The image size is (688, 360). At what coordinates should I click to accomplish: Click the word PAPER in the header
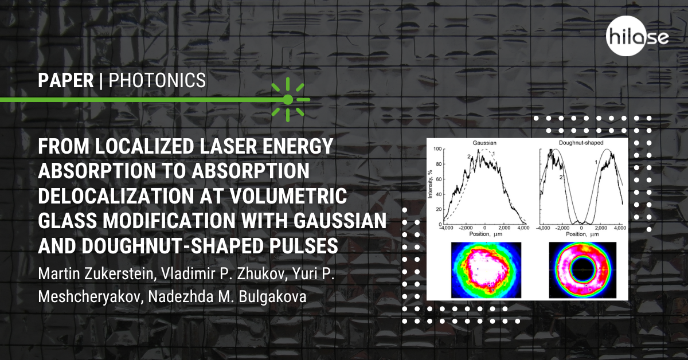tap(66, 80)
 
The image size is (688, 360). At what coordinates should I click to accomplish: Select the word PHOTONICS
tap(157, 80)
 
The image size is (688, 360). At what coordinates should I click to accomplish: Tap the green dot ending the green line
tap(288, 100)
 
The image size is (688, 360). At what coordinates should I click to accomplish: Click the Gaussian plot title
tap(484, 143)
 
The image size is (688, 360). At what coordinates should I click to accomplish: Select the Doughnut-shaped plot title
tap(581, 143)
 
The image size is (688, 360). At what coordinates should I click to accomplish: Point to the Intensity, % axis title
tap(430, 184)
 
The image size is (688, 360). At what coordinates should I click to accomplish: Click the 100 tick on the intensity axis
tap(437, 149)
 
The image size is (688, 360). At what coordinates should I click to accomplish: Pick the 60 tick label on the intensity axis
tap(439, 179)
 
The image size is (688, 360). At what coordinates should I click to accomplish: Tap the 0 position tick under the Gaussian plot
tap(484, 228)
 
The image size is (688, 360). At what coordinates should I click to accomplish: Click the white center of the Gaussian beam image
tap(485, 269)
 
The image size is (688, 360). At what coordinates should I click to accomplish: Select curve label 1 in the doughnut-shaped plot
tap(596, 162)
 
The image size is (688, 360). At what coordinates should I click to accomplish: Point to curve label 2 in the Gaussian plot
tap(469, 156)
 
